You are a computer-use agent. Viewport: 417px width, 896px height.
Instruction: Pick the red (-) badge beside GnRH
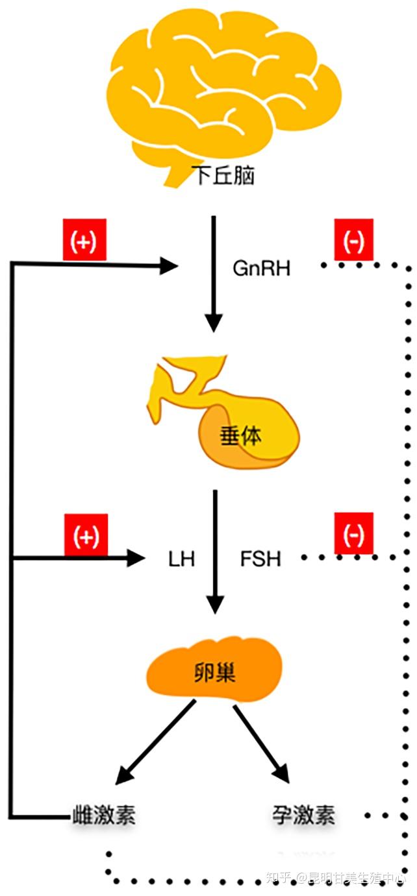353,240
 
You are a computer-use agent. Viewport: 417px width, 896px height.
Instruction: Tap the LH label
181,559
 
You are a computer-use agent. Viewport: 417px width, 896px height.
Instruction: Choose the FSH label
260,559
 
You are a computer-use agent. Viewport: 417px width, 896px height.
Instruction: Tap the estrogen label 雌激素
104,815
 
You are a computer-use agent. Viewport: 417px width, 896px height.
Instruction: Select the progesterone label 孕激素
304,815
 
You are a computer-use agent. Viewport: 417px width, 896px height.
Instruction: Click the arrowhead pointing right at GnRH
170,265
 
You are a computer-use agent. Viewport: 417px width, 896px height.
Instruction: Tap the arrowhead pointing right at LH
136,557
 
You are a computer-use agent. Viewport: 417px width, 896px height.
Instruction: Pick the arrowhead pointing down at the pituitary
214,322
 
